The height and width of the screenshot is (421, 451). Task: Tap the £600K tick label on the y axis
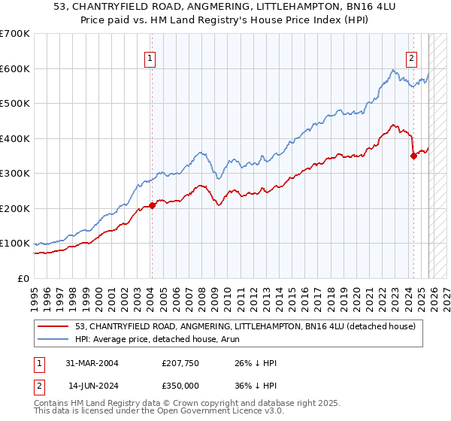(x=15, y=68)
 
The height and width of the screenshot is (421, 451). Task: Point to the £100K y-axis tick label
(x=15, y=244)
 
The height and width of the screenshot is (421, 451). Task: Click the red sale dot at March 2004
(x=153, y=205)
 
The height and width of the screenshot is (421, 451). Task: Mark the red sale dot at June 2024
(x=413, y=156)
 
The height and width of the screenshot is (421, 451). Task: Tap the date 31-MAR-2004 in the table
(x=89, y=363)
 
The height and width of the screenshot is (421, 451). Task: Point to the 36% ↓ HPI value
(x=256, y=384)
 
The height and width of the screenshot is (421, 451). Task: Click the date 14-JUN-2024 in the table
(x=89, y=384)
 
